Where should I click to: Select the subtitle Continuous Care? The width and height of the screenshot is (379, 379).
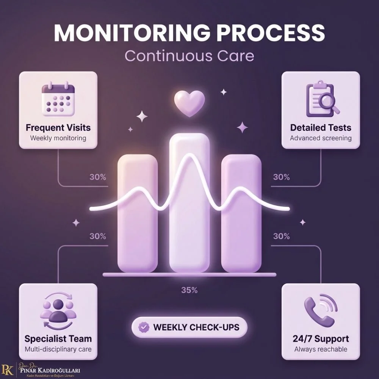[189, 56]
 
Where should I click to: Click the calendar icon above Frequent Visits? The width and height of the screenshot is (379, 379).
[58, 99]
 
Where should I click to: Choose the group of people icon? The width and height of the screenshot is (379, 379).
[58, 311]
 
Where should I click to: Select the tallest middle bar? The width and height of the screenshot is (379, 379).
[189, 203]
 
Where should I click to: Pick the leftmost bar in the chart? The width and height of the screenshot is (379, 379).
[138, 213]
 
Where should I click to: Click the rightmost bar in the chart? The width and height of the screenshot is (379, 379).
[241, 213]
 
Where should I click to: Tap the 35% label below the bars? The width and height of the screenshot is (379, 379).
[189, 290]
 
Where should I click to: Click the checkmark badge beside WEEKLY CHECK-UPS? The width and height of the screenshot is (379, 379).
[144, 327]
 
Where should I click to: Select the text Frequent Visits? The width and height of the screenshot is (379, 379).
[58, 128]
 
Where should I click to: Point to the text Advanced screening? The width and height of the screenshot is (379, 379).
[321, 138]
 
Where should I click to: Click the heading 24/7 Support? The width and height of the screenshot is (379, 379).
[321, 338]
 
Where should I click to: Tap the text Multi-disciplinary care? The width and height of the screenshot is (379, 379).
[58, 349]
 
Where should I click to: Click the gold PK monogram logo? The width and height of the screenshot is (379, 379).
[7, 370]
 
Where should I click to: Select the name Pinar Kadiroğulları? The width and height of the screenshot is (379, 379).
[50, 370]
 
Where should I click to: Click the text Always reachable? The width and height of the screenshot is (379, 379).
[321, 349]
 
